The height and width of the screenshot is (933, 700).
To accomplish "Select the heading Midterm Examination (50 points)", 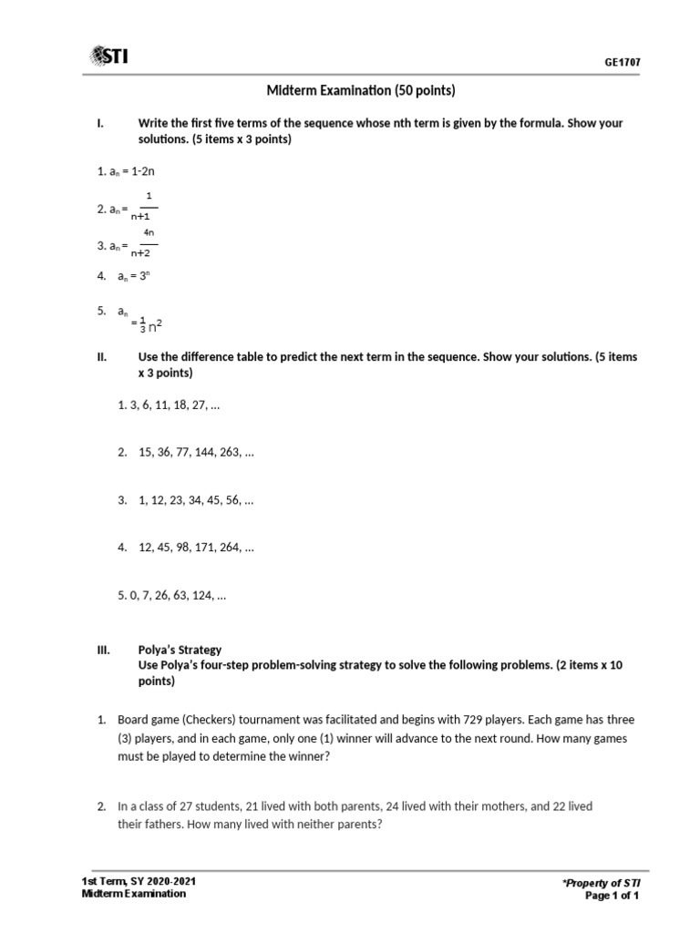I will point(360,90).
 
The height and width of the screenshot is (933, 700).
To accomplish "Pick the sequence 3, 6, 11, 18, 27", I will point(169,405).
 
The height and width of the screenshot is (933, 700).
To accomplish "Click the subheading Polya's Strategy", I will point(180,650).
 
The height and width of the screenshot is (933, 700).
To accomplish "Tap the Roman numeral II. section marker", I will point(102,357).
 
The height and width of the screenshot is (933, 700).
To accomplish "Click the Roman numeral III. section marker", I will point(103,650).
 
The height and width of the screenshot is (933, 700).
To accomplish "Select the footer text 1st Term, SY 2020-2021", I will point(138,881).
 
